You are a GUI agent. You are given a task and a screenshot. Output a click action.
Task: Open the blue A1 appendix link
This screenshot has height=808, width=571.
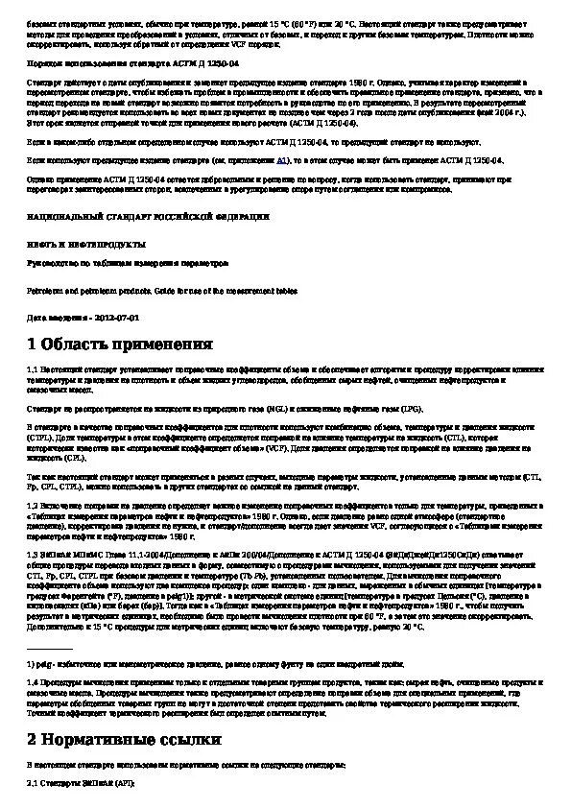click(x=282, y=163)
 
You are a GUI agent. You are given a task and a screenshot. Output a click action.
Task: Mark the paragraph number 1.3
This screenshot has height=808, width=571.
click(x=33, y=554)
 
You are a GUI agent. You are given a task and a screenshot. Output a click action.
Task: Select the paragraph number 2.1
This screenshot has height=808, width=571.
click(x=33, y=784)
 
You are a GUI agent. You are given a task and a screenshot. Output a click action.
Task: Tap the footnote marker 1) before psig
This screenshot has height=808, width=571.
click(x=31, y=664)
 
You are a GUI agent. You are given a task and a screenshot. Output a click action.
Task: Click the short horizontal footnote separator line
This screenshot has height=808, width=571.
click(x=47, y=648)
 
